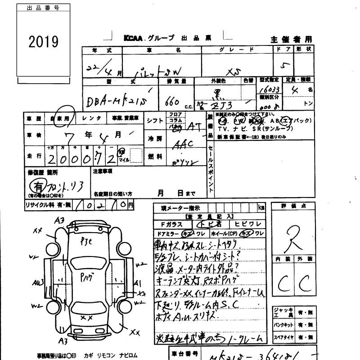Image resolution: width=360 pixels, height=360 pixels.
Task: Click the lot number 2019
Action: pos(43,42)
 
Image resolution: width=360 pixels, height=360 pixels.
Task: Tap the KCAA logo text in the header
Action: pos(134,39)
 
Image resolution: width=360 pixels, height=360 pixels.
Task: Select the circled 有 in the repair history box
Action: pos(36,185)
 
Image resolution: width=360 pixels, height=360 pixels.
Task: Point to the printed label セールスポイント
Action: pos(210,166)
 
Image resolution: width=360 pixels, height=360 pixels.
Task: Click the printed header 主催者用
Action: pos(291,39)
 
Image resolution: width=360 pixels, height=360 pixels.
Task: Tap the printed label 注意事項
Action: pos(103,171)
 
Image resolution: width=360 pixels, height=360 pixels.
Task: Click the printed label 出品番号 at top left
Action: pos(43,8)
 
